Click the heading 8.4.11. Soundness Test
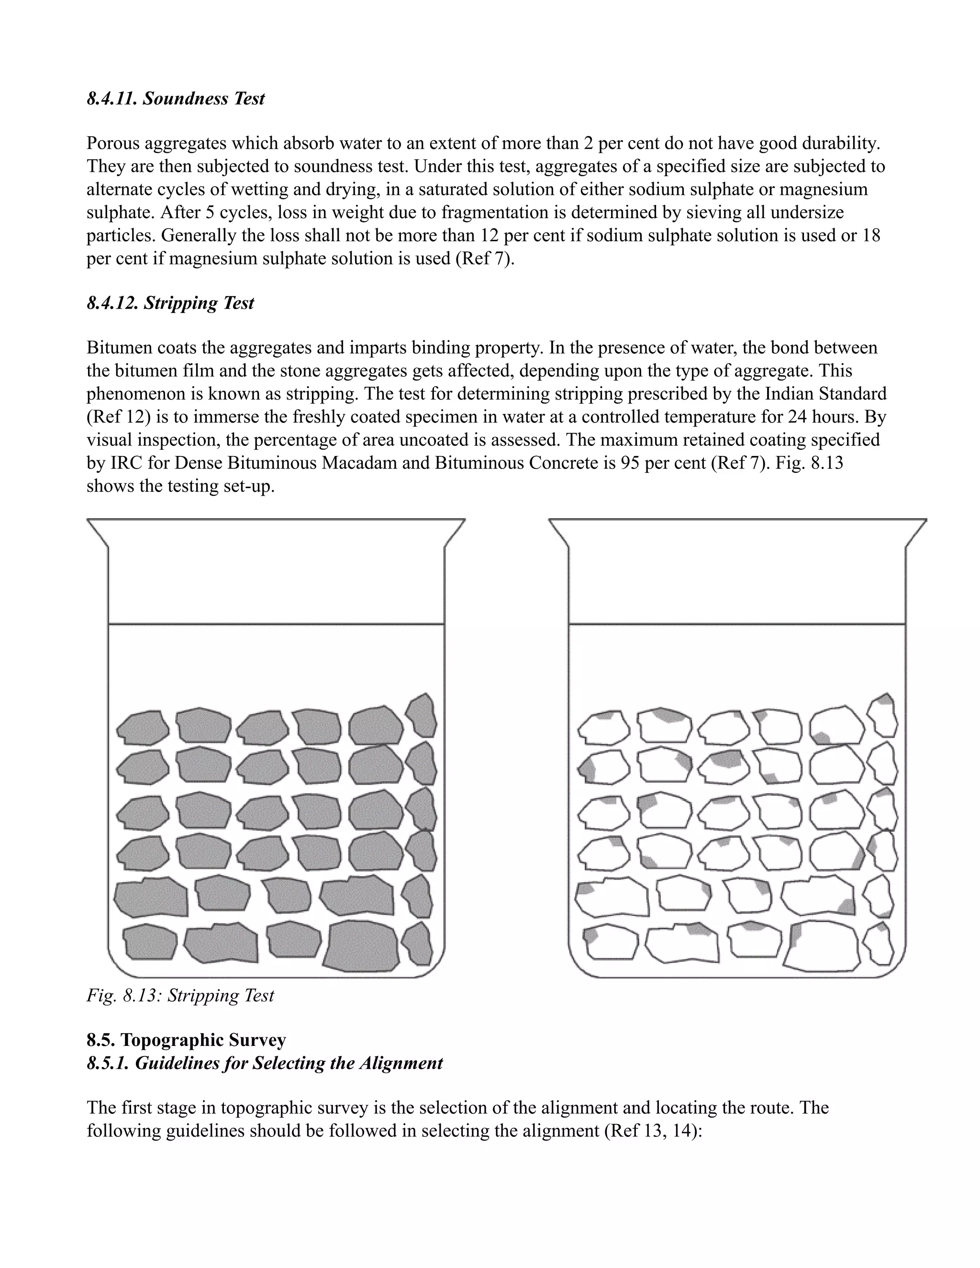tap(175, 99)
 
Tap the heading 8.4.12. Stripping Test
tap(170, 303)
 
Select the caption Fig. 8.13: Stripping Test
tap(180, 995)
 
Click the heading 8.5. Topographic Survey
tap(186, 1040)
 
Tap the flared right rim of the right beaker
tap(916, 532)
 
